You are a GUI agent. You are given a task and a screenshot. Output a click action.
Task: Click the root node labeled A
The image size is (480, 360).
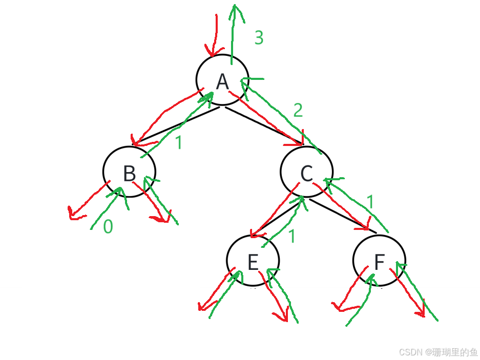(222, 80)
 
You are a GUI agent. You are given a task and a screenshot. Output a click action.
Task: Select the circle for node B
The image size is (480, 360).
(129, 172)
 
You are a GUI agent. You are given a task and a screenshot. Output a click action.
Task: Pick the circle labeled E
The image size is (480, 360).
(253, 261)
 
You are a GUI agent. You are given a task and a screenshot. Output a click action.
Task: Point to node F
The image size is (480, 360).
(379, 261)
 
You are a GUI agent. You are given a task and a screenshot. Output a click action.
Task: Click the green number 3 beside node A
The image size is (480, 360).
(259, 38)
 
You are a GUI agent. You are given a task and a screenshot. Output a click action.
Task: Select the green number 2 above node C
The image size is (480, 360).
(298, 110)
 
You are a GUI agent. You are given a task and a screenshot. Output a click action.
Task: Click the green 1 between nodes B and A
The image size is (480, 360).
(178, 142)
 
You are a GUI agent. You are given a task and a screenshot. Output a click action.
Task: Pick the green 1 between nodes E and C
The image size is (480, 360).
(292, 236)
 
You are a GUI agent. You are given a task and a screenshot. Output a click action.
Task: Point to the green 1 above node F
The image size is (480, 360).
(370, 202)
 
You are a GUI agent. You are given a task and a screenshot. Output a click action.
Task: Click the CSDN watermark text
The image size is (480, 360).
(437, 351)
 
